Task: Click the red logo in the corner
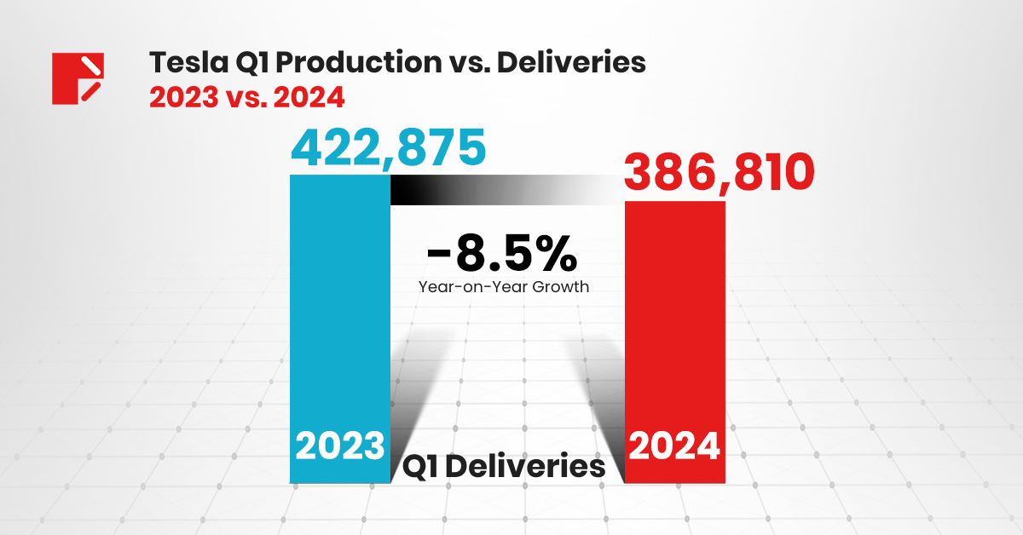tap(78, 78)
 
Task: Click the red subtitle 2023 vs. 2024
tap(247, 97)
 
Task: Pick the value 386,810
tap(719, 173)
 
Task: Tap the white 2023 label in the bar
tap(340, 446)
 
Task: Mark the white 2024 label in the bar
tap(675, 446)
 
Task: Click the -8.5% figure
tap(503, 253)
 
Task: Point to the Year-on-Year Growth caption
tap(503, 287)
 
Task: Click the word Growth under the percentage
tap(559, 287)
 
